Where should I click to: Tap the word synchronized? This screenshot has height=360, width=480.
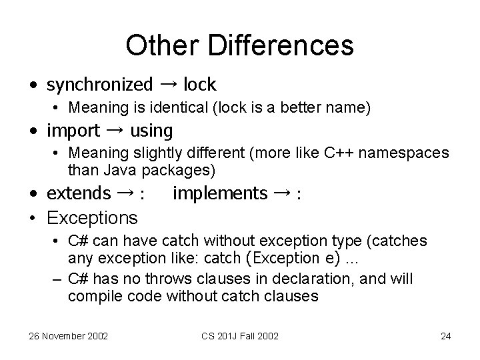(x=99, y=85)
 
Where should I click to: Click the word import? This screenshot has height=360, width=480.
(x=73, y=130)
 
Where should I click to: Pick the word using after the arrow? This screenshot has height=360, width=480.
(x=151, y=130)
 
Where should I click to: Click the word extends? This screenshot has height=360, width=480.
(x=79, y=193)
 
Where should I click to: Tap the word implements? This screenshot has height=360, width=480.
(x=219, y=193)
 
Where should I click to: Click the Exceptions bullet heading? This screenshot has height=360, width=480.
(x=93, y=217)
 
